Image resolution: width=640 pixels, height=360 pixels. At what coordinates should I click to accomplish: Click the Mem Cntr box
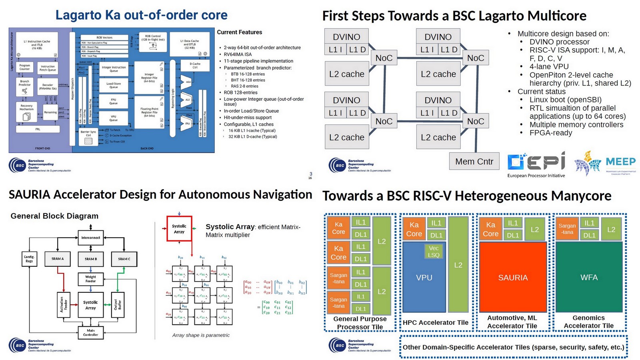pos(474,162)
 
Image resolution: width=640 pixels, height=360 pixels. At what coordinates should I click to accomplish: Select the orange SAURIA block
pos(513,277)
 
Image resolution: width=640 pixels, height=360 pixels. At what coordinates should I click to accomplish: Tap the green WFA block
pos(589,277)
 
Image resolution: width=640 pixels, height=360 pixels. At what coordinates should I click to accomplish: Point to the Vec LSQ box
pos(434,251)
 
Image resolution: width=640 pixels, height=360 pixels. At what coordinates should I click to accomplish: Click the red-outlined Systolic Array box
pos(179,229)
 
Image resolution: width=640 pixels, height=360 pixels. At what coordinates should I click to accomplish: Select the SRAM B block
pos(91,259)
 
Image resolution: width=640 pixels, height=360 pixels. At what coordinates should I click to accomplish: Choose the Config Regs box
pos(29,259)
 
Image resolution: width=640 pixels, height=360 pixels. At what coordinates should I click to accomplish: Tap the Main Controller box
pos(91,332)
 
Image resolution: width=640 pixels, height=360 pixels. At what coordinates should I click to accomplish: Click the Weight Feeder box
pos(91,279)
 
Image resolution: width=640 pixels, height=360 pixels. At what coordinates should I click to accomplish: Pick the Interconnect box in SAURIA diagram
pos(91,238)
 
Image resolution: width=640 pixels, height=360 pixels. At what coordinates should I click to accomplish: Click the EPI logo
pos(536,162)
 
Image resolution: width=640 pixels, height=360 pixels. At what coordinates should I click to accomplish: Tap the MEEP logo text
pos(620,162)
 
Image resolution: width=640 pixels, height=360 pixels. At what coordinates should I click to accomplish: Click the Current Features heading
pos(239,32)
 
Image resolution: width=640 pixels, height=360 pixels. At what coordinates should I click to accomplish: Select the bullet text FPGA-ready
pos(551,133)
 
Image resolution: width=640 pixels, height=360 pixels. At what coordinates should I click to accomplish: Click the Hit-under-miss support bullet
pos(248,118)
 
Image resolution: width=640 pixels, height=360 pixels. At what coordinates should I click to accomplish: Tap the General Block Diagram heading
pos(54,216)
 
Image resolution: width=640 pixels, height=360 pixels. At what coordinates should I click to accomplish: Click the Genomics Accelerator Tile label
pos(588,322)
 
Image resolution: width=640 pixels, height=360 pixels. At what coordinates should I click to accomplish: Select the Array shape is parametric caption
pos(201,335)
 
